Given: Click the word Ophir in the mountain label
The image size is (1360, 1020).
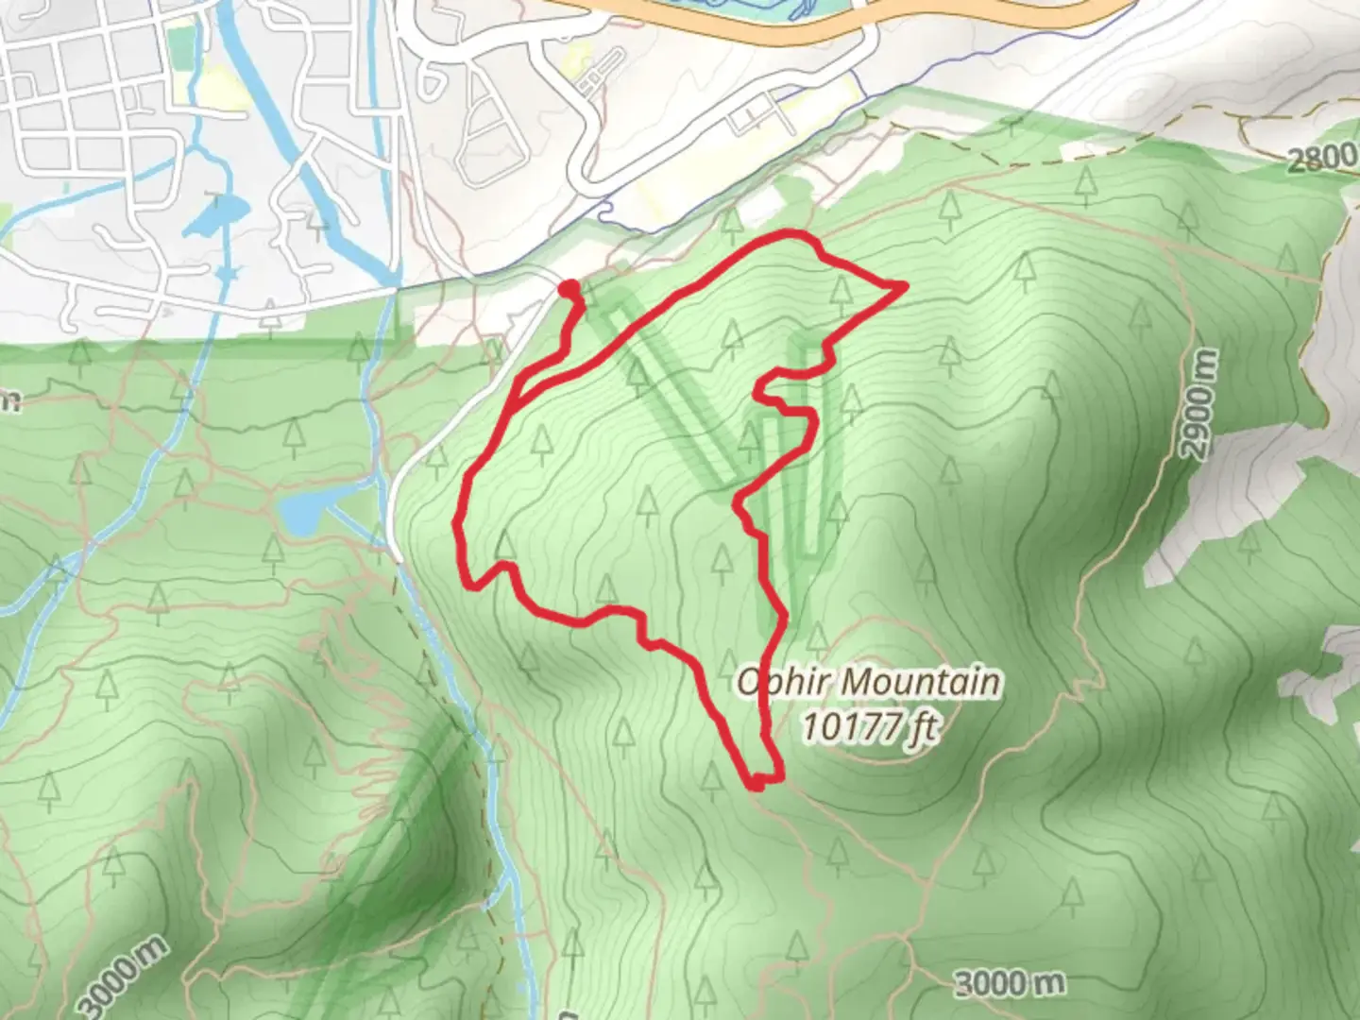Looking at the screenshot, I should click(x=773, y=682).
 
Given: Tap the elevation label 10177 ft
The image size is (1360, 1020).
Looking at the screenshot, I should click(x=868, y=727).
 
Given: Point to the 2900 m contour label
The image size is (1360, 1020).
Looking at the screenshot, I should click(x=1197, y=404).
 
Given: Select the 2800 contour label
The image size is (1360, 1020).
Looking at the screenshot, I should click(x=1320, y=158).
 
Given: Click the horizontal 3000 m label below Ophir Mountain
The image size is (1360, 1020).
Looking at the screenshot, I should click(x=1009, y=984).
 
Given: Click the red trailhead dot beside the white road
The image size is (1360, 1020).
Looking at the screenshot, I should click(x=569, y=288).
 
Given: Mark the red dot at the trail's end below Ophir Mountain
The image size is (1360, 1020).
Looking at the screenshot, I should click(x=757, y=782).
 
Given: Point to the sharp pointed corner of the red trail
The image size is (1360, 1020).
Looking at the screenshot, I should click(x=905, y=284).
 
